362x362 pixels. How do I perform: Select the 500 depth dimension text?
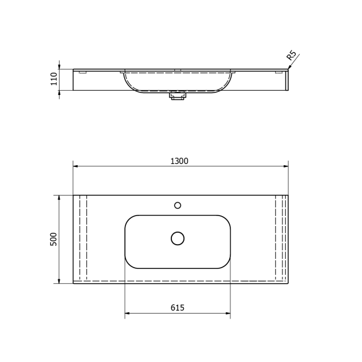tap(54, 240)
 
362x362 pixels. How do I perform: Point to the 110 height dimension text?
tap(54, 79)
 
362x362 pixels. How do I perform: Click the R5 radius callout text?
tap(291, 57)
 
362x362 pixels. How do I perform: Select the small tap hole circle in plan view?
tap(178, 205)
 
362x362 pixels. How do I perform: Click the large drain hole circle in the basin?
tap(178, 238)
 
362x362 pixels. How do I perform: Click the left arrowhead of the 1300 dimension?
tap(76, 166)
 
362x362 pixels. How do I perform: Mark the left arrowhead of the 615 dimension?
tap(127, 314)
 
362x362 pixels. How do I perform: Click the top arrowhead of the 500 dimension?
tap(60, 197)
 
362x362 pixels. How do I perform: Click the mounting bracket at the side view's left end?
tap(82, 73)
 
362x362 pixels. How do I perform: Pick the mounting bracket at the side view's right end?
tap(279, 73)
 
